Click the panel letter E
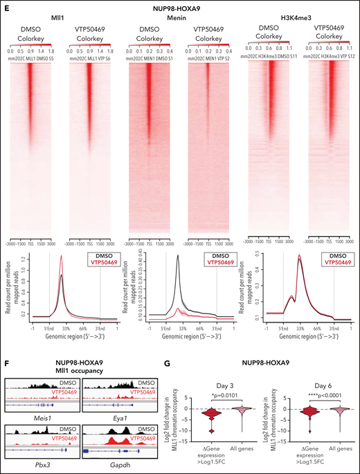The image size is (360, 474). (x=4, y=5)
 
